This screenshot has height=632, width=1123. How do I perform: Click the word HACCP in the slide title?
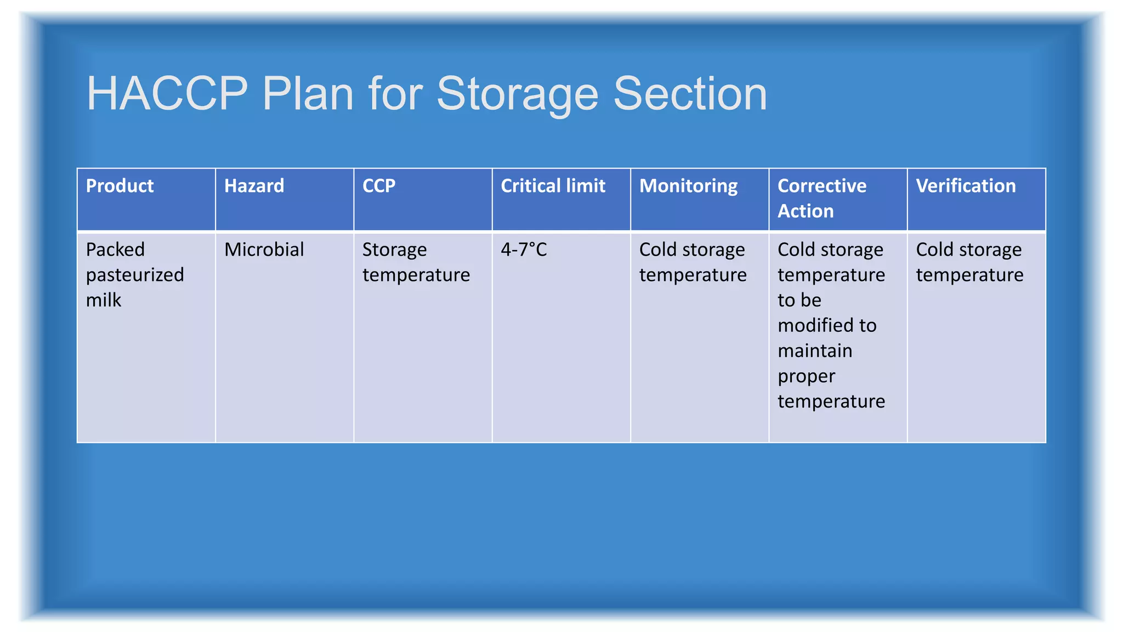(167, 94)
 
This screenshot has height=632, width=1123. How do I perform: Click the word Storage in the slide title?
(517, 94)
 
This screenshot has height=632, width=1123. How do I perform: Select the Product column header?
(120, 186)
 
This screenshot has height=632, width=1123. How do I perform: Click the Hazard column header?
(254, 186)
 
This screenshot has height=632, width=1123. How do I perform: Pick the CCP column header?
(378, 186)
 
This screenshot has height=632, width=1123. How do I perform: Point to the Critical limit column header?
(553, 186)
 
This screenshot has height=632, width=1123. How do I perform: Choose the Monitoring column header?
(688, 186)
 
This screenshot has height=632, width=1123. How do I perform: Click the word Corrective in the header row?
(822, 186)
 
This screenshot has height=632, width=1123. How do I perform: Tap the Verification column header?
(966, 186)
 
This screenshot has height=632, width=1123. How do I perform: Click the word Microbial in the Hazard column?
(264, 250)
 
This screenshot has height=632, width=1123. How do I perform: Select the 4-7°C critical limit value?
(524, 250)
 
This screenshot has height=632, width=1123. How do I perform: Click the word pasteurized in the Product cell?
(135, 275)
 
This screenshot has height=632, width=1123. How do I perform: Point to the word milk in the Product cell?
(104, 300)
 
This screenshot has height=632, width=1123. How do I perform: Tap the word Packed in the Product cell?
(115, 250)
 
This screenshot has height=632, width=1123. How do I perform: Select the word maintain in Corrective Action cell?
(815, 351)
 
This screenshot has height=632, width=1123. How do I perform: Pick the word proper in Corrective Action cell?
(806, 377)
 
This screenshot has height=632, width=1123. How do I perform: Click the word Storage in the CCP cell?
(394, 250)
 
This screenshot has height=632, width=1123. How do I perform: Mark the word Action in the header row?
(806, 211)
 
